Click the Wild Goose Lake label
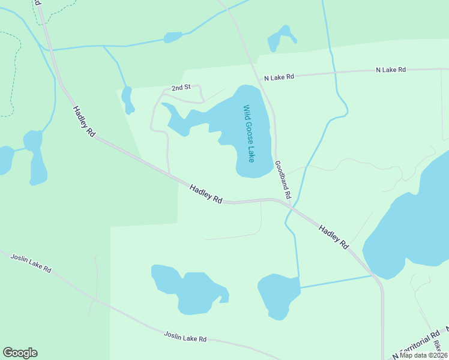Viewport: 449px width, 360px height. point(249,134)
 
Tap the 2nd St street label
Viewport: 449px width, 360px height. point(181,88)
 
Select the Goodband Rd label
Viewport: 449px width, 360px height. point(283,179)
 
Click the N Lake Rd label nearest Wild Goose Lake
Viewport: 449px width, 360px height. point(279,77)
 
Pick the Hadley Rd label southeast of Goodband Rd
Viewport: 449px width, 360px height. point(334,237)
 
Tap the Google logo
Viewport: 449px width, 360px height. point(20,353)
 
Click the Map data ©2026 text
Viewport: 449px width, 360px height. point(423,355)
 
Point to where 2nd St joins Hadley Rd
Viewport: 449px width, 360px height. point(170,175)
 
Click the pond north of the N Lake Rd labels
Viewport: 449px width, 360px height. point(280,38)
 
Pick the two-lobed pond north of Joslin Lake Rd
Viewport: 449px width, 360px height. point(187,290)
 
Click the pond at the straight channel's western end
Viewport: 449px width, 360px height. point(279,295)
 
